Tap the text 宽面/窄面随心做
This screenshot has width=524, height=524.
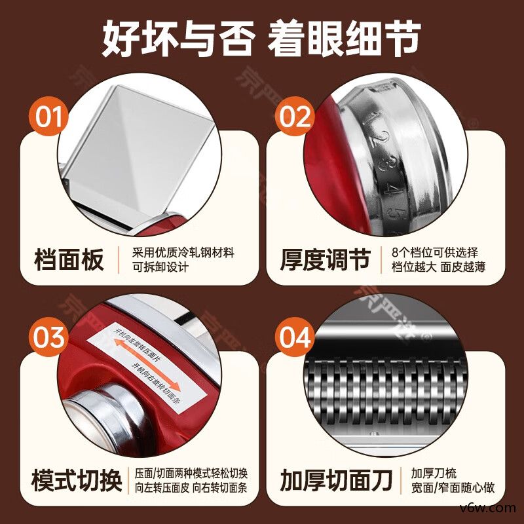pos(453,488)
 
